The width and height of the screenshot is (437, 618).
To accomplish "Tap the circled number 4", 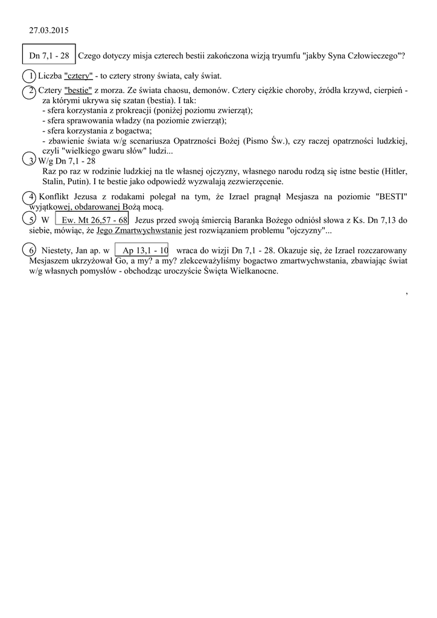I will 29,197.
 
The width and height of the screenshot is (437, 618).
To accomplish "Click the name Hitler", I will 396,171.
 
